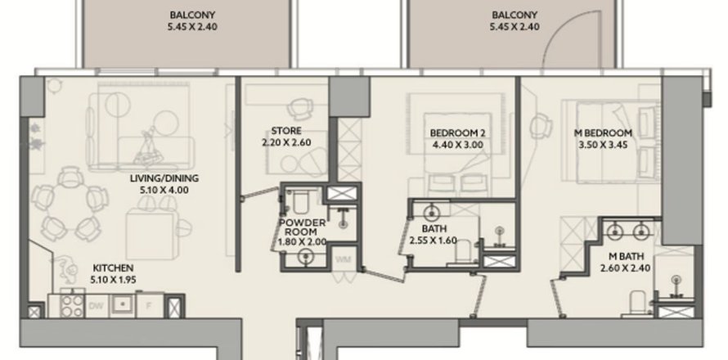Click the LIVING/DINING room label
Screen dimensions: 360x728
[x=164, y=178]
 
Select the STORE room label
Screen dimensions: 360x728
[x=286, y=131]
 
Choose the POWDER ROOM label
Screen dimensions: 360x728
[x=302, y=227]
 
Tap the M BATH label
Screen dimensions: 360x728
[x=623, y=254]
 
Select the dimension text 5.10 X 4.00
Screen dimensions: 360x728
[x=164, y=189]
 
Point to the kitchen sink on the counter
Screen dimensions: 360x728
[x=123, y=304]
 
